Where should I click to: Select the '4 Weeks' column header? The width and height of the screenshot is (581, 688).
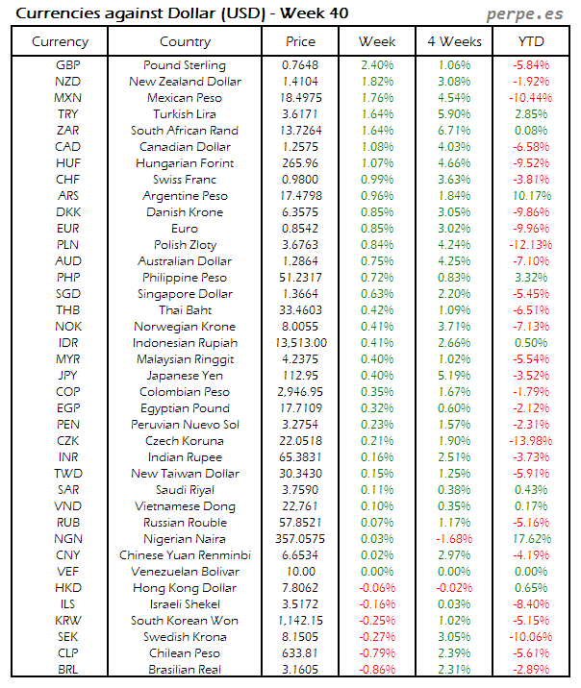[454, 41]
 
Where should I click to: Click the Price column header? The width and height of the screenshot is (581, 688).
[301, 41]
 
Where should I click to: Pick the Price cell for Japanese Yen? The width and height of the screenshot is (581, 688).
[301, 376]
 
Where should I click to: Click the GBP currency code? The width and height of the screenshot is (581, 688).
[67, 65]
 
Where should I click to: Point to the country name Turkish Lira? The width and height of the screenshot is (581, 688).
[185, 114]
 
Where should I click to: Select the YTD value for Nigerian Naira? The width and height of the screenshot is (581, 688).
[531, 539]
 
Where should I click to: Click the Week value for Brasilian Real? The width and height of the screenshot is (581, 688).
[377, 670]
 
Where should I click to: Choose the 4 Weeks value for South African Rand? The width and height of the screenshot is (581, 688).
[454, 131]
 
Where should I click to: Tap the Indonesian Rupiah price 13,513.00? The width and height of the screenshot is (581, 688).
[301, 343]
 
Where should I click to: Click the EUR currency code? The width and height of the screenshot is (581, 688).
[67, 229]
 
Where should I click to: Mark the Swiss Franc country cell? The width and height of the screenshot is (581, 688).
[185, 180]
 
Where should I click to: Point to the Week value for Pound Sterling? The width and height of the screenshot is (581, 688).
[377, 65]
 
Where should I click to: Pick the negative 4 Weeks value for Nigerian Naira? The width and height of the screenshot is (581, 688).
[454, 539]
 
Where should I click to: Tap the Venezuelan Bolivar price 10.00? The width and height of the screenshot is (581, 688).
[301, 572]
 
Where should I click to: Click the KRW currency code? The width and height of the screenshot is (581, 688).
[67, 621]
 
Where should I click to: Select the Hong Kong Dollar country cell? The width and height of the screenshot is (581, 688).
[185, 588]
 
